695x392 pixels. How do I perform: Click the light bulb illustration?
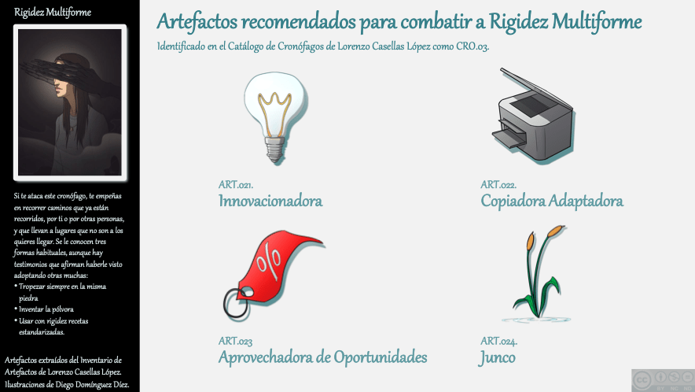coord(275,117)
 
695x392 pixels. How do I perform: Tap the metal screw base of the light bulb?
coord(275,150)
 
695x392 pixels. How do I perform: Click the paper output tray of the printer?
coord(508,137)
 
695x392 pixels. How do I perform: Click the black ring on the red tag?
coord(236,304)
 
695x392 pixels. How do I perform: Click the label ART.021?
coord(236,185)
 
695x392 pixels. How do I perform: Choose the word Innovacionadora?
coord(270,201)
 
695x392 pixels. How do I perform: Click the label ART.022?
coord(498,185)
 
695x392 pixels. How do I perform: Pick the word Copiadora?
coord(513,201)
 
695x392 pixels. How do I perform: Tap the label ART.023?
coord(235,341)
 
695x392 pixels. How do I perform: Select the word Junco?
coord(497,358)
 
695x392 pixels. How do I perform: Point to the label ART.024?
coord(499,341)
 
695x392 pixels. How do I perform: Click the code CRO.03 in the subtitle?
coord(473,46)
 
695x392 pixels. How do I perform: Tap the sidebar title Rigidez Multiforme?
coord(53,13)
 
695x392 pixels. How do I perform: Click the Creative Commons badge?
coord(663,380)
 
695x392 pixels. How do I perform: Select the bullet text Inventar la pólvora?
coord(46,309)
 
